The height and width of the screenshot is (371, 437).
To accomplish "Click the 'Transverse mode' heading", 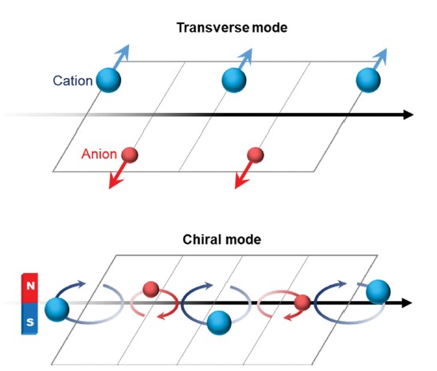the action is coord(232,28).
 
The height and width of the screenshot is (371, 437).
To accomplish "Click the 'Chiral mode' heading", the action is coord(222,240).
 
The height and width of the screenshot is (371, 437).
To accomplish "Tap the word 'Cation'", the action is coord(72,81).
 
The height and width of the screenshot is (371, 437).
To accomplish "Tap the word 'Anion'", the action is coord(99,154).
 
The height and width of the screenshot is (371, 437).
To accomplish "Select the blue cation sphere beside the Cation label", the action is coord(108,80).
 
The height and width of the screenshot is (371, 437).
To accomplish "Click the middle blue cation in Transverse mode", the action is coord(234,80).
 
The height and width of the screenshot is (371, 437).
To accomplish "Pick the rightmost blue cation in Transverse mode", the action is coord(369,80).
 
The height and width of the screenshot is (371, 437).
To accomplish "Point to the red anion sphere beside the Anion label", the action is coord(130,155).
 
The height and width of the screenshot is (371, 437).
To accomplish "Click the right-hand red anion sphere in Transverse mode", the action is coord(256,155).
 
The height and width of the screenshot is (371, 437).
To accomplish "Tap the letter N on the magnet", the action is coord(30,286).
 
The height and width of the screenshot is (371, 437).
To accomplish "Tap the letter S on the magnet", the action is coord(30,322).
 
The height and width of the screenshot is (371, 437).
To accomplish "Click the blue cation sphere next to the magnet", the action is coord(57,310).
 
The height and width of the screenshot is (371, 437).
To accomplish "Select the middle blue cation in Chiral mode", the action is coord(219,322).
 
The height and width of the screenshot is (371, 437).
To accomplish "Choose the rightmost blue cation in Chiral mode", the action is coord(378,292).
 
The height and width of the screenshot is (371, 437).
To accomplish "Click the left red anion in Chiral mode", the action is coord(150,289).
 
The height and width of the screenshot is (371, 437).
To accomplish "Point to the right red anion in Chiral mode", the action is coord(302,303).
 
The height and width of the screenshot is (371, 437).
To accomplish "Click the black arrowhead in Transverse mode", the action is coord(408,115).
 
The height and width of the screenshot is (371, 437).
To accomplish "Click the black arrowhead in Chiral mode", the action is coord(407,303).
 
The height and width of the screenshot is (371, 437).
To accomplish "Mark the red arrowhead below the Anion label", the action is coord(115,182).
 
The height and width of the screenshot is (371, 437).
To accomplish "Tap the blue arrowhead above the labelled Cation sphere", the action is coord(124,51).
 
